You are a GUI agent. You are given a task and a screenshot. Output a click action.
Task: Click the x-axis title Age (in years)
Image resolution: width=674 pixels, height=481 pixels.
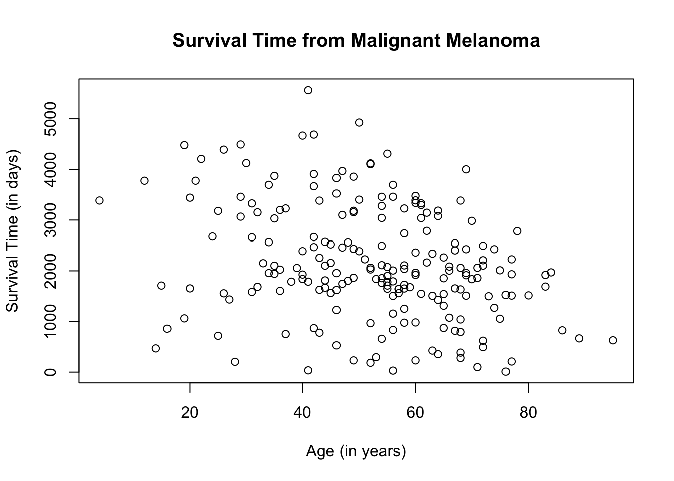tap(356, 451)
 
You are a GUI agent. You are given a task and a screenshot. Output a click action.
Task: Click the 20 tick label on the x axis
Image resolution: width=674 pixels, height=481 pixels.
tap(190, 413)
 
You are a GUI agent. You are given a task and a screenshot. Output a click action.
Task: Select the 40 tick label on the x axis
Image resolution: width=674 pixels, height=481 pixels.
tap(302, 413)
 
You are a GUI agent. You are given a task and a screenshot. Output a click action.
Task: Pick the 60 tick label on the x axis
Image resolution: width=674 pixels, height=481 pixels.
tap(415, 413)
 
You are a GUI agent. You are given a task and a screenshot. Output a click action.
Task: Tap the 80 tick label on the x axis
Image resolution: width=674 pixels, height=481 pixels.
tap(528, 413)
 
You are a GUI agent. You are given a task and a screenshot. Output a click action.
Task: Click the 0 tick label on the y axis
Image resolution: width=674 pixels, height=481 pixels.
tap(50, 372)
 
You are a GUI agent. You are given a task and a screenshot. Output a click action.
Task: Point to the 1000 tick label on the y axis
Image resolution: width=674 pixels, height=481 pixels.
tap(50, 321)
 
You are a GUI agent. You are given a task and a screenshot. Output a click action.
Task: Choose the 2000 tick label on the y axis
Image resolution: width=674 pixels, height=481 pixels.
tap(50, 271)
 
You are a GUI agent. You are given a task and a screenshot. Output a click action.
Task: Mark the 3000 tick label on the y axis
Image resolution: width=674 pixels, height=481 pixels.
tap(50, 220)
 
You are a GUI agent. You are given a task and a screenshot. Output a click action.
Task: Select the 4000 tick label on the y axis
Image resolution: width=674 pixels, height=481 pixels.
tap(50, 169)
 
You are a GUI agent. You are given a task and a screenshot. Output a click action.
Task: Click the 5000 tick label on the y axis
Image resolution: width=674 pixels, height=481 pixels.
tap(50, 119)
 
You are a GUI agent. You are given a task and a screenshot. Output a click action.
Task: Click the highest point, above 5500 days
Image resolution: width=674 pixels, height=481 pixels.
tap(308, 90)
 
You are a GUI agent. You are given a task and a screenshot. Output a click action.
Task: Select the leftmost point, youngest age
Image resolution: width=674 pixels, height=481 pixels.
tap(99, 200)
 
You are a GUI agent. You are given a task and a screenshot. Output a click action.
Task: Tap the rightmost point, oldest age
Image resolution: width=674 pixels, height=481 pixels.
tap(613, 340)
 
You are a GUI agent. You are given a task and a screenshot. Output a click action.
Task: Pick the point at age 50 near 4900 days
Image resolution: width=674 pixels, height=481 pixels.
tap(359, 123)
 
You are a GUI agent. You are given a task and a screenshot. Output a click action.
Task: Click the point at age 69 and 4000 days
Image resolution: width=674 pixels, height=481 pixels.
tap(466, 169)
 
